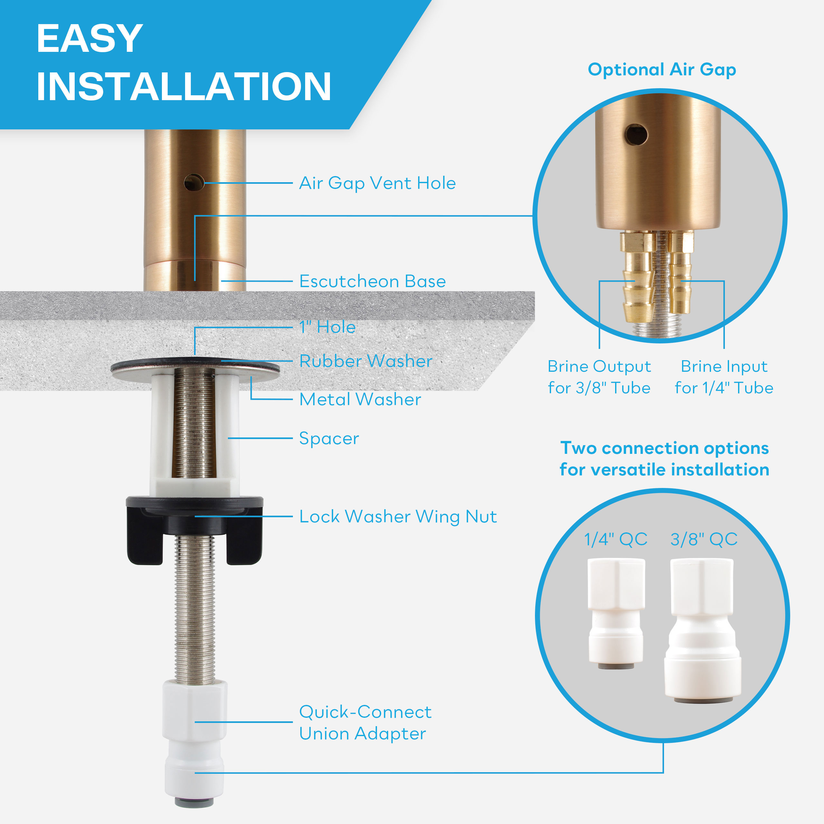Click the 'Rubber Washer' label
(366, 361)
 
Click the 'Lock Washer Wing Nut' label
(398, 517)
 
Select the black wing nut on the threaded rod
(194, 530)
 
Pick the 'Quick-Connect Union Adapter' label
(365, 723)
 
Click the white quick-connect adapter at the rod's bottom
(194, 743)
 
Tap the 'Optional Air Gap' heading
(662, 70)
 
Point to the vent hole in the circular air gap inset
(636, 135)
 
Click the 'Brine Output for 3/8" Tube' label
(599, 377)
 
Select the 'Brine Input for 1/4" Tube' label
(724, 377)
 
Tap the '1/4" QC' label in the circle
(616, 539)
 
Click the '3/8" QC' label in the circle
(704, 539)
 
